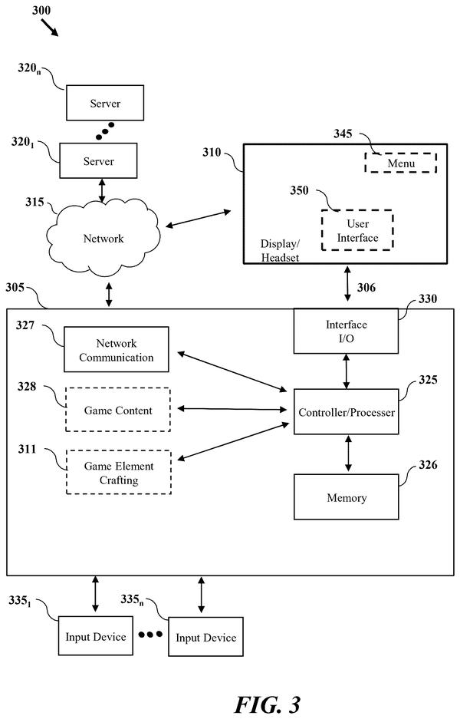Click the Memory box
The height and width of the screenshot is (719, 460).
point(346,496)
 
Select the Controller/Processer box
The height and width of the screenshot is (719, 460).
point(346,411)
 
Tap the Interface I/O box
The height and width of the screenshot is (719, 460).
point(346,331)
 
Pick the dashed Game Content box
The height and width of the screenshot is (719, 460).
point(118,410)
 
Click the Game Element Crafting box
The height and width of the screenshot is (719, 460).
point(119,472)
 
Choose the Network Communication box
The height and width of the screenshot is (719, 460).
point(117,349)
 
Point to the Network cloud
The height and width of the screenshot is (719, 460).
point(103,238)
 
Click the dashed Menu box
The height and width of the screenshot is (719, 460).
point(401,163)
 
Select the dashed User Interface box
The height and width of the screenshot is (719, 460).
point(357,230)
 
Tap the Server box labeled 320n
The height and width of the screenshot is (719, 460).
point(105,103)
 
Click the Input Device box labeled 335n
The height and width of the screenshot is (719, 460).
point(205,636)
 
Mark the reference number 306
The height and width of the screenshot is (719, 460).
point(366,288)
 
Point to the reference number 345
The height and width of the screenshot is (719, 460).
point(343,134)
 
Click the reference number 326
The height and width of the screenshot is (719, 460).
point(428,465)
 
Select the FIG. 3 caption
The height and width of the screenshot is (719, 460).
point(268,704)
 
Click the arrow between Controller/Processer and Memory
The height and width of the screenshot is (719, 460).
point(348,453)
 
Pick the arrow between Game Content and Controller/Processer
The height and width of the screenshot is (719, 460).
point(232,409)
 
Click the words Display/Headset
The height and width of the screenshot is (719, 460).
point(280,250)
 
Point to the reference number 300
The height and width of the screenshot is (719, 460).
point(41,10)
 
